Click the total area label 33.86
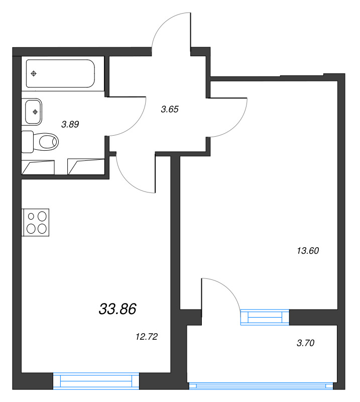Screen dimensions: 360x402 coord(117,309)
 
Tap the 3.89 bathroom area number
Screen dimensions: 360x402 coord(70,124)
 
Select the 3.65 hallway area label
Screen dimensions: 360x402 coord(170,109)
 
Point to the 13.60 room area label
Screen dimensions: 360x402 coord(308,250)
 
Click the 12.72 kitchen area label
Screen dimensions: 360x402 coord(147,336)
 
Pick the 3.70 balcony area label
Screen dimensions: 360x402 coord(305,343)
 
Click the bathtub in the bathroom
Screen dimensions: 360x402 coord(60,73)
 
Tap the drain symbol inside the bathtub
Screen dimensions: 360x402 coord(34,73)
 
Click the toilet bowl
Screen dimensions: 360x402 coord(46,142)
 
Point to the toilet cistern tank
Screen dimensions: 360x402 coord(28,142)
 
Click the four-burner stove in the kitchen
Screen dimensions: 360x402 coord(36,222)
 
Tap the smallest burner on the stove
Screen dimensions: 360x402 coord(31,217)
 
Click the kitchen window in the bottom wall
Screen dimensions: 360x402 coord(96,381)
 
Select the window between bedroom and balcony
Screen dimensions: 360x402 coord(265,318)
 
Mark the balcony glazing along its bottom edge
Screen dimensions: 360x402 coord(261,386)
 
